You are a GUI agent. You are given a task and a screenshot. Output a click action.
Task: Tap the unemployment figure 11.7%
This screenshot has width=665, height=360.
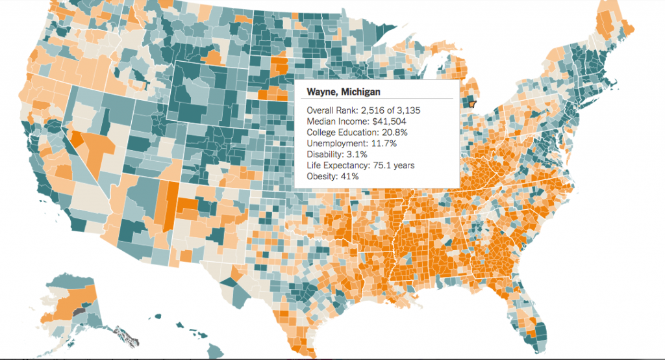click(386, 144)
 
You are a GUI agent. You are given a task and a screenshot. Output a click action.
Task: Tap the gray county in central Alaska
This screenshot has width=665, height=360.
click(79, 312)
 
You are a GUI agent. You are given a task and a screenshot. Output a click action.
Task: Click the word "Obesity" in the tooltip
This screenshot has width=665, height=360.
click(321, 177)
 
